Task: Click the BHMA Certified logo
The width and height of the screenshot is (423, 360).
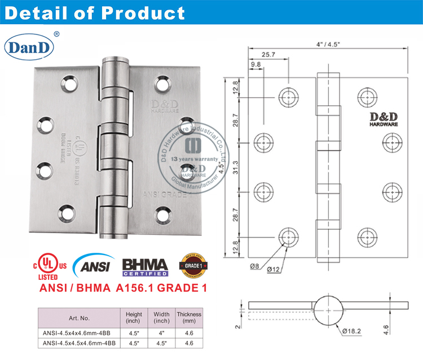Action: pos(145,265)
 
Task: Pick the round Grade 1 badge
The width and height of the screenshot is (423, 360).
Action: pos(192,264)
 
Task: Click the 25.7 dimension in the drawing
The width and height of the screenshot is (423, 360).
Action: pos(269,54)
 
